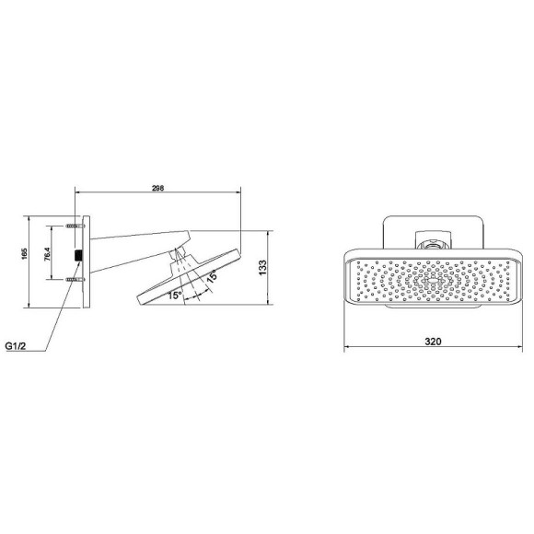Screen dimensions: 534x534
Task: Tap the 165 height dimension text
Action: point(25,253)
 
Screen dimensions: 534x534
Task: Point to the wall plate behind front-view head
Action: point(391,230)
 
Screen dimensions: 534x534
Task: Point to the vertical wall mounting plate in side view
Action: point(87,262)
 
